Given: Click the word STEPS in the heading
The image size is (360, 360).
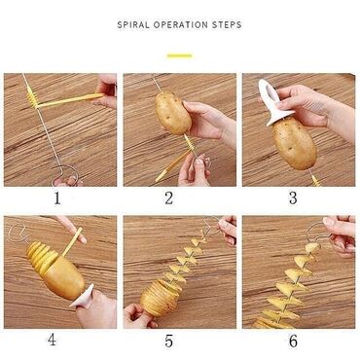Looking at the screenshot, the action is tap(227, 24).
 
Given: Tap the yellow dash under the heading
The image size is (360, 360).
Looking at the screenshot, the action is tap(179, 55).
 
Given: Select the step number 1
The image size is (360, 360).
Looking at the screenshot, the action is tap(57, 198).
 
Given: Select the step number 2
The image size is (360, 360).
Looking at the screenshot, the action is tap(168, 198).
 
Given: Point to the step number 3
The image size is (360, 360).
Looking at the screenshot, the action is tap(293, 198).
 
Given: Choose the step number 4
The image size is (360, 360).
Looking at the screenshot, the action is tap(53, 340).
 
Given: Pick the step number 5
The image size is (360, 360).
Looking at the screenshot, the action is tap(168, 341).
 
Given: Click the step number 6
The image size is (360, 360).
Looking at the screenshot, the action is tap(293, 341).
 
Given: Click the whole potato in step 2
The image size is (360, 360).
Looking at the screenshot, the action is tap(172, 113).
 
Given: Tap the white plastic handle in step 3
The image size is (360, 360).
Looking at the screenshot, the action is tap(272, 101).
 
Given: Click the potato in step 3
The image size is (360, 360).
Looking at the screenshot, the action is tap(294, 143).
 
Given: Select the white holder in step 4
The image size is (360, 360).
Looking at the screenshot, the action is tap(82, 297).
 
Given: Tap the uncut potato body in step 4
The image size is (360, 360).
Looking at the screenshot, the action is tap(65, 277).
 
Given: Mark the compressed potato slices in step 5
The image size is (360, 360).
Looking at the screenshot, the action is tap(158, 296).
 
